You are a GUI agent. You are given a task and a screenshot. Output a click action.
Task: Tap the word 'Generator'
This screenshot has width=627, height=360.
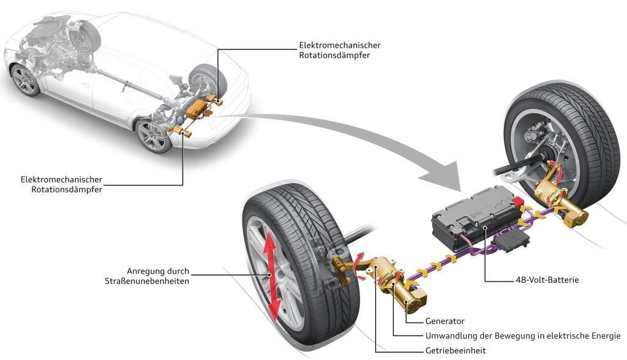(x=445, y=321)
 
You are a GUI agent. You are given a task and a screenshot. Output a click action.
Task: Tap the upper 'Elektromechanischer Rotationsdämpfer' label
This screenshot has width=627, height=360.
(x=339, y=50)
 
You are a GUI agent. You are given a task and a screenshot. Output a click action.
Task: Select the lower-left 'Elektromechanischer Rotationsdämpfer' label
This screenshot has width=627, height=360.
(x=61, y=184)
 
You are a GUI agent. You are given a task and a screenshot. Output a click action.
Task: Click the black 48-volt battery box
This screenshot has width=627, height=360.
(x=471, y=217)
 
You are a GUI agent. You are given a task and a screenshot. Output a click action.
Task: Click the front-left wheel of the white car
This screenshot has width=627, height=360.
(x=24, y=80)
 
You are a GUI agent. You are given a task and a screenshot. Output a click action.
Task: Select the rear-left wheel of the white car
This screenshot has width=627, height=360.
(x=151, y=136)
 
